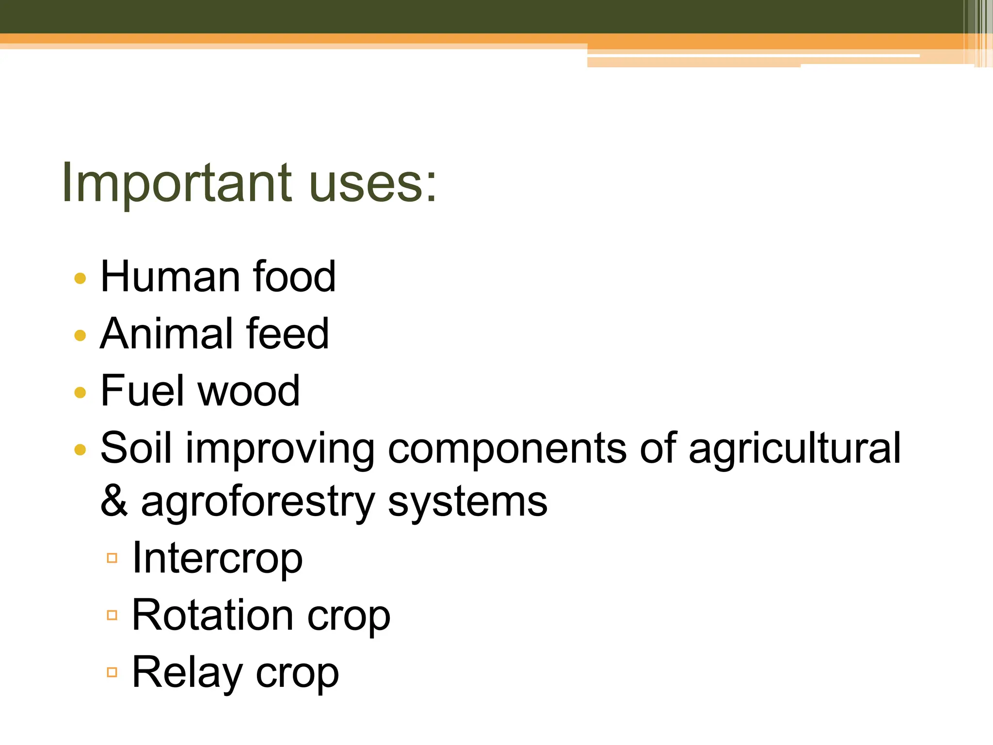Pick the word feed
click(288, 334)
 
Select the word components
click(507, 449)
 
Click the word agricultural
click(795, 449)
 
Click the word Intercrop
click(217, 559)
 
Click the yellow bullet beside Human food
click(80, 278)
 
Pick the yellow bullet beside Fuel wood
click(80, 392)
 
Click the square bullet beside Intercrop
click(112, 558)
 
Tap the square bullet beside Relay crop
click(112, 672)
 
